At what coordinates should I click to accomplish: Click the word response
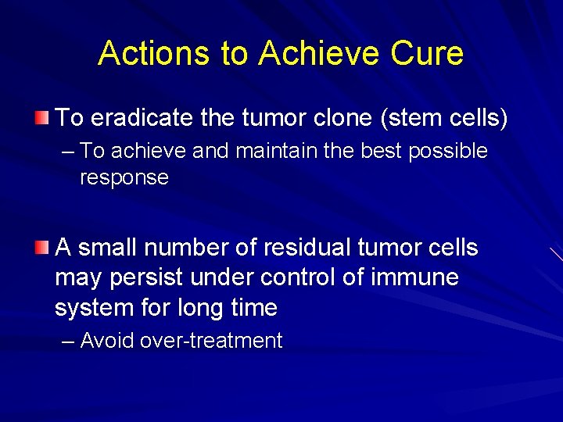point(124,177)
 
